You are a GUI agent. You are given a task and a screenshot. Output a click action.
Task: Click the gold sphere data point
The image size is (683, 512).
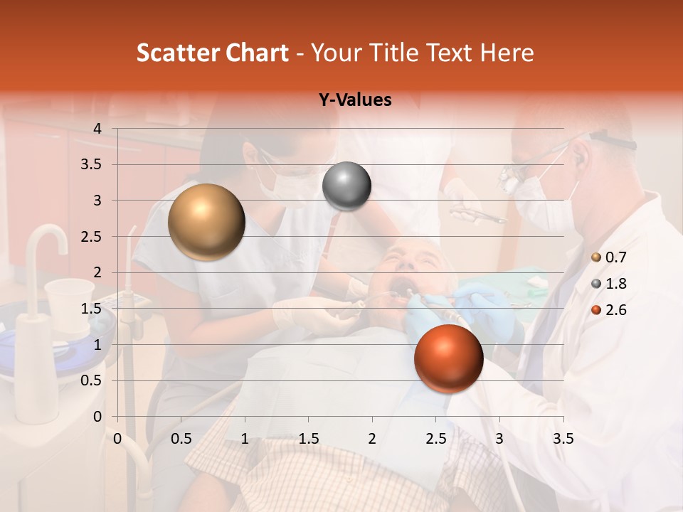point(206,222)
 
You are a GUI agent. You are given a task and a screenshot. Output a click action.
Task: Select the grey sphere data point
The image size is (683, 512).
point(346,186)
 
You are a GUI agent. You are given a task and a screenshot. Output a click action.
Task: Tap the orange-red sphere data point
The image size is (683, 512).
point(448,358)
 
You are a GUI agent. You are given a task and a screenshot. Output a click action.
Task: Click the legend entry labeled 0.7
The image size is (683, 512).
point(609,257)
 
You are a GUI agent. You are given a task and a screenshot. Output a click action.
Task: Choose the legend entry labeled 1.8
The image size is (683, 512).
point(609,284)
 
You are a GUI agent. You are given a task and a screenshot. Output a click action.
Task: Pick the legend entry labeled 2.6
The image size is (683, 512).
point(609,310)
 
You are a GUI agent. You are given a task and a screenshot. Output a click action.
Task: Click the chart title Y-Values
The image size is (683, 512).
point(354,100)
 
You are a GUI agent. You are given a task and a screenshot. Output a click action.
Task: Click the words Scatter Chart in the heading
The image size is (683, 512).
point(212,53)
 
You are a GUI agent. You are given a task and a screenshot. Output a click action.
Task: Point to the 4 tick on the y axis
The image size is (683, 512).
point(97,129)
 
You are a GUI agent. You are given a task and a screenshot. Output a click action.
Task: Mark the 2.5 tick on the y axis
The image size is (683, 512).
point(92,237)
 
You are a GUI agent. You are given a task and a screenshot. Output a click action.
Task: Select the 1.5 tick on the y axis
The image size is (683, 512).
point(92,309)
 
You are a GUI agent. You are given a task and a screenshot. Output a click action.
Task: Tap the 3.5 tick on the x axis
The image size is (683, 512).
point(563,439)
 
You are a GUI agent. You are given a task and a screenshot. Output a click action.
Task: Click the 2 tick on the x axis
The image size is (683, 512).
point(372,439)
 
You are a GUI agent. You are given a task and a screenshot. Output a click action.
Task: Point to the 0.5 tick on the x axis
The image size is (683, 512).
point(181,439)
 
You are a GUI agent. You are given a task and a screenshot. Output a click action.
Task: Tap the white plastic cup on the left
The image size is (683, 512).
point(68,302)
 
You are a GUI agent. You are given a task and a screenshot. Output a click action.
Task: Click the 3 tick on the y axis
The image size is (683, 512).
point(97,201)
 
